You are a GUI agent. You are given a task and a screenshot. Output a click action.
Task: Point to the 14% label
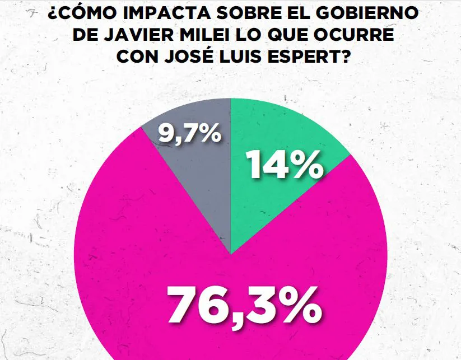point(285,166)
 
